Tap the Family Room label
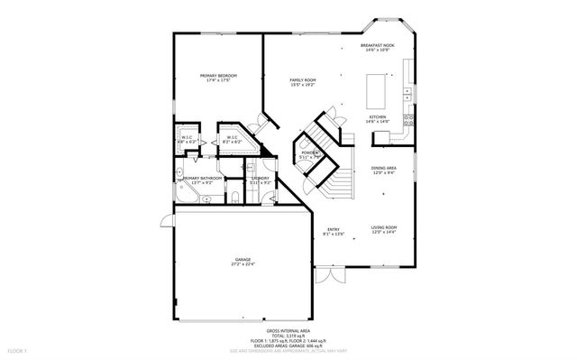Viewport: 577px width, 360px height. click(x=302, y=80)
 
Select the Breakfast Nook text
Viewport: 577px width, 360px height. click(x=378, y=45)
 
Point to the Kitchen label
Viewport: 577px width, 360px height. click(x=377, y=116)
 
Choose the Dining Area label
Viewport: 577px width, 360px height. click(x=384, y=169)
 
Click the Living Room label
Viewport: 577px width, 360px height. click(x=384, y=228)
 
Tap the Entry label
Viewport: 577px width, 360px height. click(x=334, y=229)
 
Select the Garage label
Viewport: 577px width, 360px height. click(x=243, y=260)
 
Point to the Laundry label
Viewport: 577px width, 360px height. click(x=261, y=178)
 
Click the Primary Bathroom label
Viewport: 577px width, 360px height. click(x=203, y=178)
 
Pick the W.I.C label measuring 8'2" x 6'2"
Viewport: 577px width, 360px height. click(x=232, y=137)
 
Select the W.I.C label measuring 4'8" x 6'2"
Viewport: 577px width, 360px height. click(x=188, y=137)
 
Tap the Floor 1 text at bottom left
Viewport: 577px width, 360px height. click(x=18, y=348)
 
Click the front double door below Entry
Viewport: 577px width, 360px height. click(x=333, y=270)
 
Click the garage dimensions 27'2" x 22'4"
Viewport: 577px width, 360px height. click(x=243, y=265)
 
